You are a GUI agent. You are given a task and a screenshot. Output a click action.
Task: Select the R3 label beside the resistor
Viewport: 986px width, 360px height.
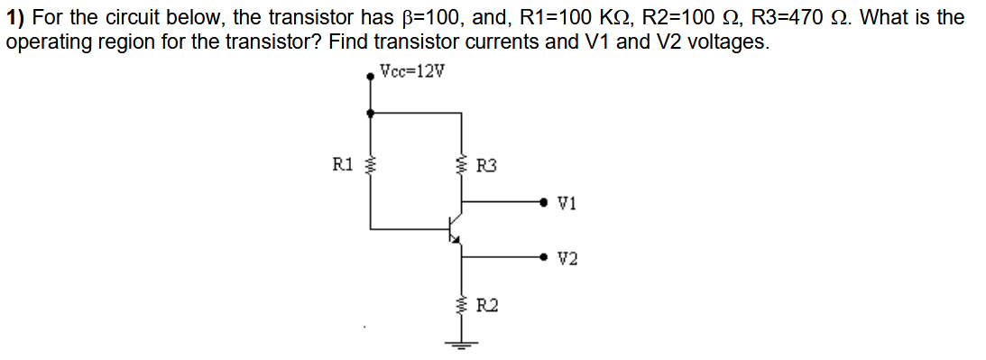coord(486,166)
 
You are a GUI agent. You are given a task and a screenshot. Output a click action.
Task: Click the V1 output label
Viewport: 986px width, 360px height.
coord(567,203)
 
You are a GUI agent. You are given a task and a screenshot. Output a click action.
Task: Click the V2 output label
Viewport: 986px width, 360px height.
coord(567,259)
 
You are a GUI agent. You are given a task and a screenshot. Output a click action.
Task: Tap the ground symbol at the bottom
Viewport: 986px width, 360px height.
coord(462,342)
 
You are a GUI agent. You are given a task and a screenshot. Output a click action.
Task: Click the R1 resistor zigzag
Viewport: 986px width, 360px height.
coord(370,165)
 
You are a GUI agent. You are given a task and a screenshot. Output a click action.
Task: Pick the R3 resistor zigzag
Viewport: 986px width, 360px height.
coord(462,165)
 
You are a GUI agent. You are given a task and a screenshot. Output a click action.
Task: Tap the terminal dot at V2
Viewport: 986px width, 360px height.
coord(543,258)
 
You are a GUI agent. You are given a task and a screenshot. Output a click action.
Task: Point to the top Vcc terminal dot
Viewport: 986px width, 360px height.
coord(370,78)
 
